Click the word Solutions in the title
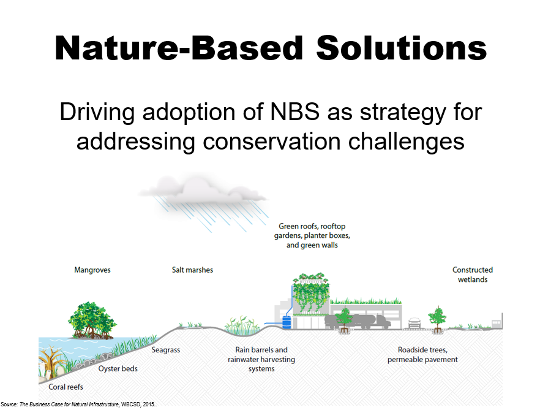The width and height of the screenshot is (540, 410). (401, 48)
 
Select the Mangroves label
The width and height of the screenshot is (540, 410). (92, 270)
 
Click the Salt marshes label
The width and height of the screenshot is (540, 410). (192, 270)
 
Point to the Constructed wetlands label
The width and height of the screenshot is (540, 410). (473, 275)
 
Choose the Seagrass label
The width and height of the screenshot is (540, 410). (166, 350)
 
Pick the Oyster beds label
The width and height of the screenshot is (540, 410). (118, 368)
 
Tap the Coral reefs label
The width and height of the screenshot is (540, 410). (66, 387)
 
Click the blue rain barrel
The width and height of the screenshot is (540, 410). (287, 322)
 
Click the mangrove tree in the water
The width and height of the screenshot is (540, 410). (92, 321)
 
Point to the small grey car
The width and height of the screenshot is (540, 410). (414, 323)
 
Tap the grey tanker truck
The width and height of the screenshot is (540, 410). (358, 321)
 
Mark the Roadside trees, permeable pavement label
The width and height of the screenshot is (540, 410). (422, 354)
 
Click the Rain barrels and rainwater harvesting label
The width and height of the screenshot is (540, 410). (261, 359)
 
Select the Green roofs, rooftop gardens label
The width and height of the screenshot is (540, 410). (312, 235)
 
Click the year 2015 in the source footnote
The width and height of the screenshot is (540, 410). (149, 404)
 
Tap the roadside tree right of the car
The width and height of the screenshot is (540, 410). (437, 319)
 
